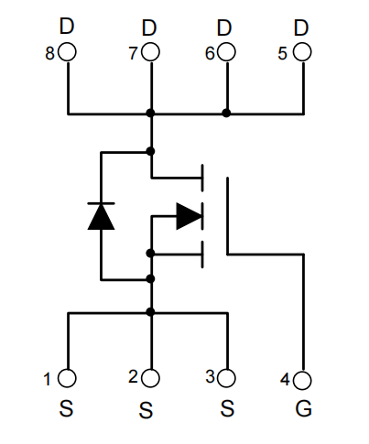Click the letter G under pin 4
coord(304,408)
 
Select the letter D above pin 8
coord(67,27)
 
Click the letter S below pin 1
coord(66,408)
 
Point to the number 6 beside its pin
coord(210,53)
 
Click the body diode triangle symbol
coord(101,216)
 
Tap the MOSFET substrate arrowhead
coord(190,216)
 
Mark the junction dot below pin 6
coord(226,114)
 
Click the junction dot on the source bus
coord(150,312)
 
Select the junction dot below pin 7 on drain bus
coord(150,114)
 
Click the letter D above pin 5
coord(301,27)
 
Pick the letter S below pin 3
coord(227,408)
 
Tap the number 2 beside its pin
coord(134,376)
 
